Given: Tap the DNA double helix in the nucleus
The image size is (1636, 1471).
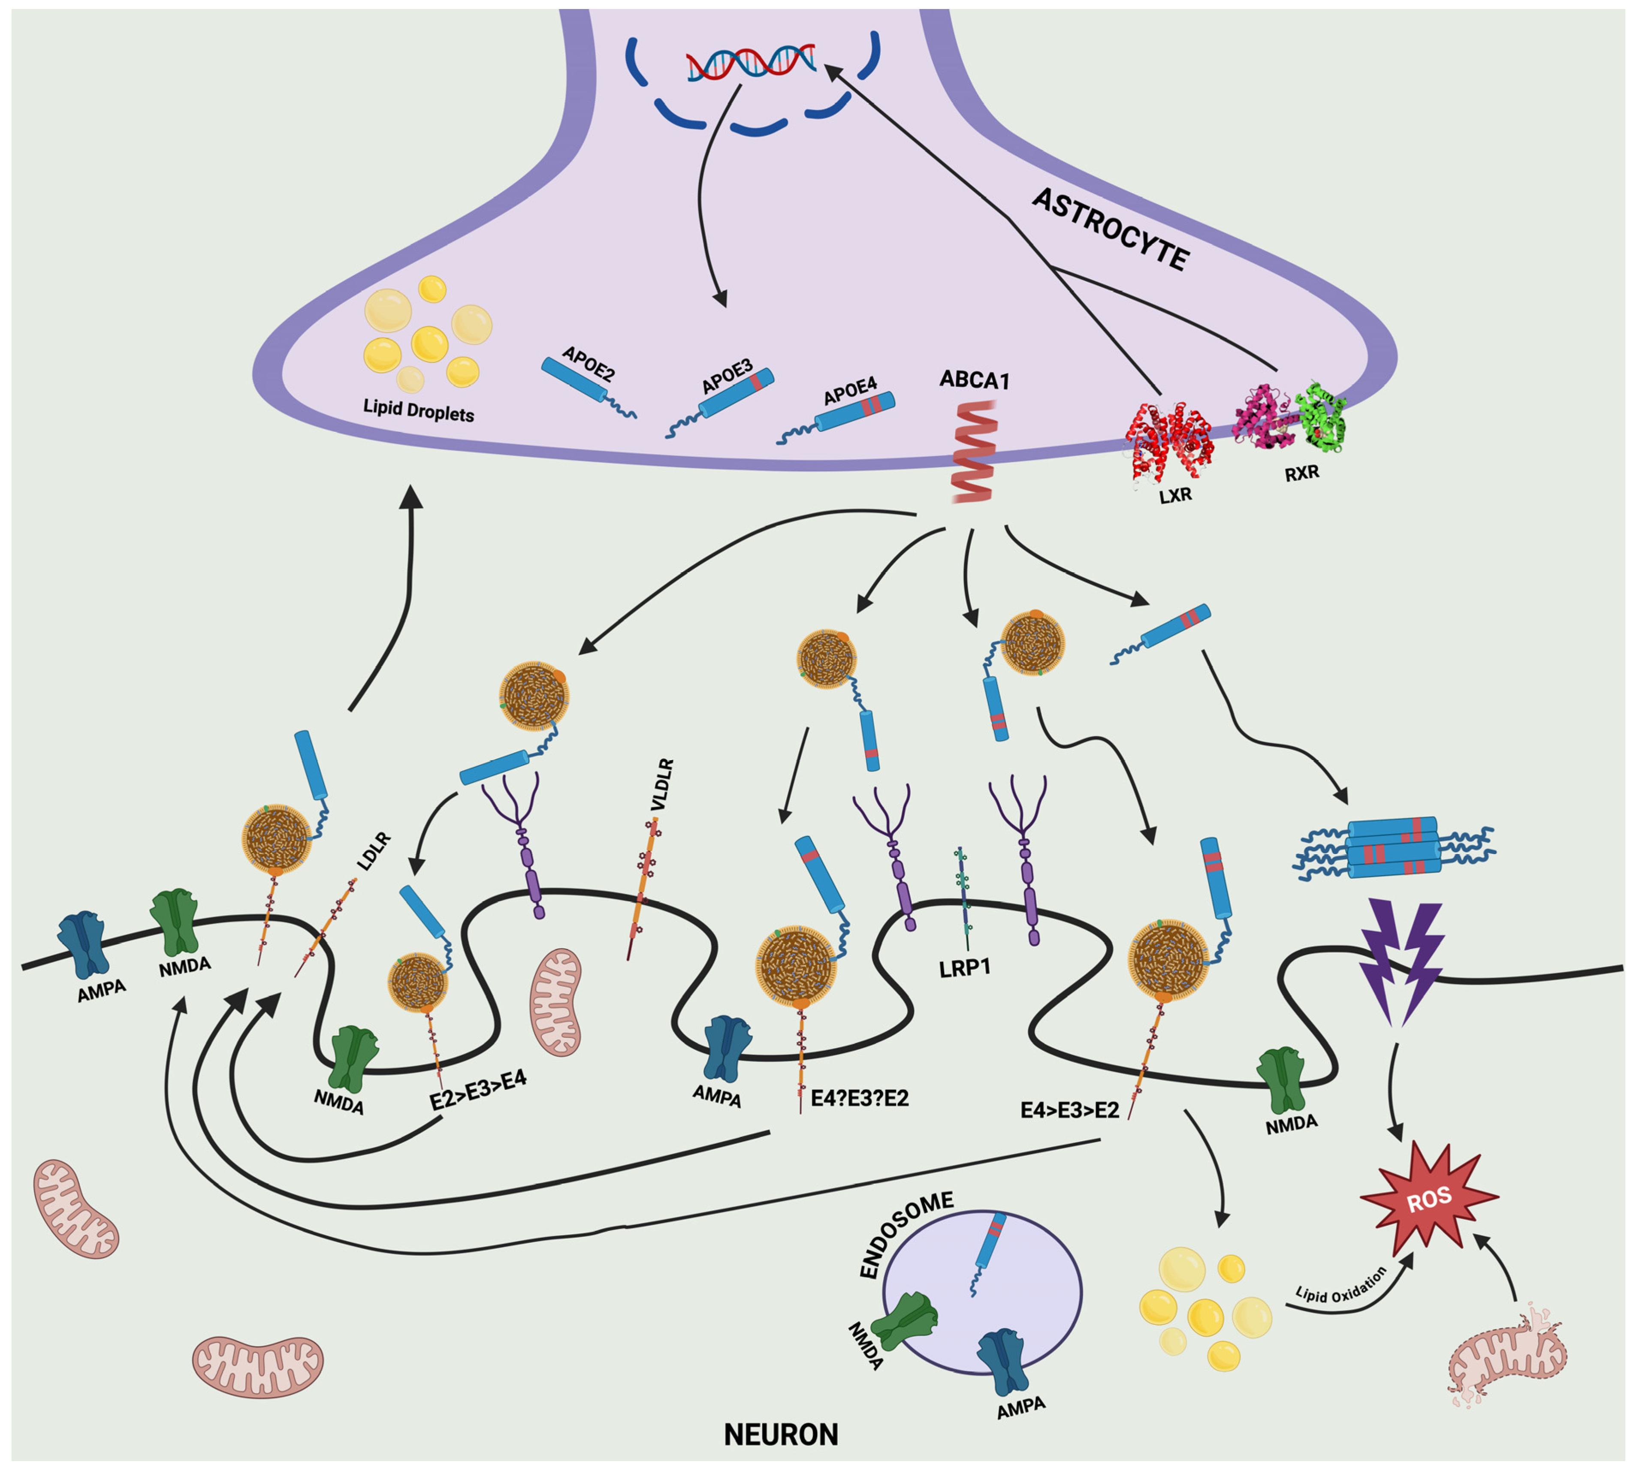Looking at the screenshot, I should pos(750,64).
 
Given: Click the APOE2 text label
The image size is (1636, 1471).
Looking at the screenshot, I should pos(589,364).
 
